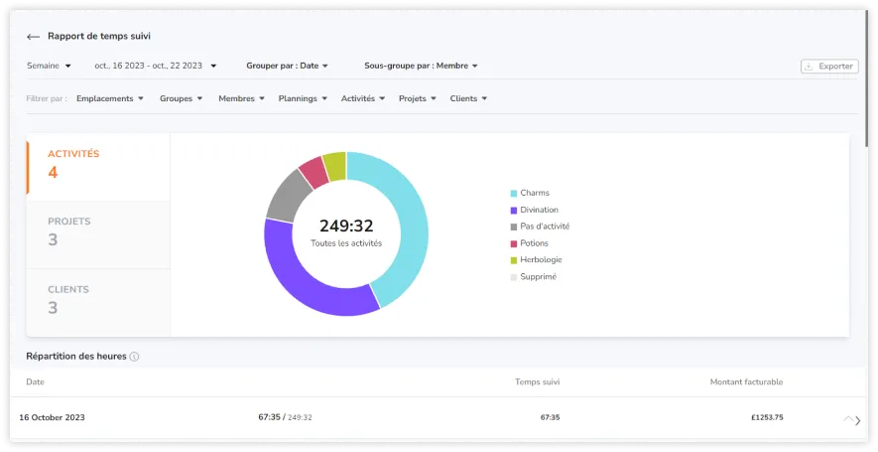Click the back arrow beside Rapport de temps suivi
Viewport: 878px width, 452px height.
tap(33, 37)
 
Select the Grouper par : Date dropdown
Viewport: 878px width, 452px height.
tap(287, 66)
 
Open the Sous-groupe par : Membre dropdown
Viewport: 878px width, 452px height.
tap(421, 66)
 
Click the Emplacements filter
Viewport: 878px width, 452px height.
tap(109, 98)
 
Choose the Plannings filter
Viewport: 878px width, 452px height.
tap(303, 98)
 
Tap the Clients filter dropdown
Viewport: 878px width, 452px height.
tap(468, 98)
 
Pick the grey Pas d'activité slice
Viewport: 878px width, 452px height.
tap(286, 195)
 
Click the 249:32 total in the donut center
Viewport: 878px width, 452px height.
tap(346, 226)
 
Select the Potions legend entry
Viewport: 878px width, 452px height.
tap(534, 243)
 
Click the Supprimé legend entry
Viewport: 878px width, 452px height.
tap(538, 276)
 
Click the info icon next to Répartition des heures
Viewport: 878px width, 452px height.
tap(134, 357)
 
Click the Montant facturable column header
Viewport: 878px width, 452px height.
tap(746, 381)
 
